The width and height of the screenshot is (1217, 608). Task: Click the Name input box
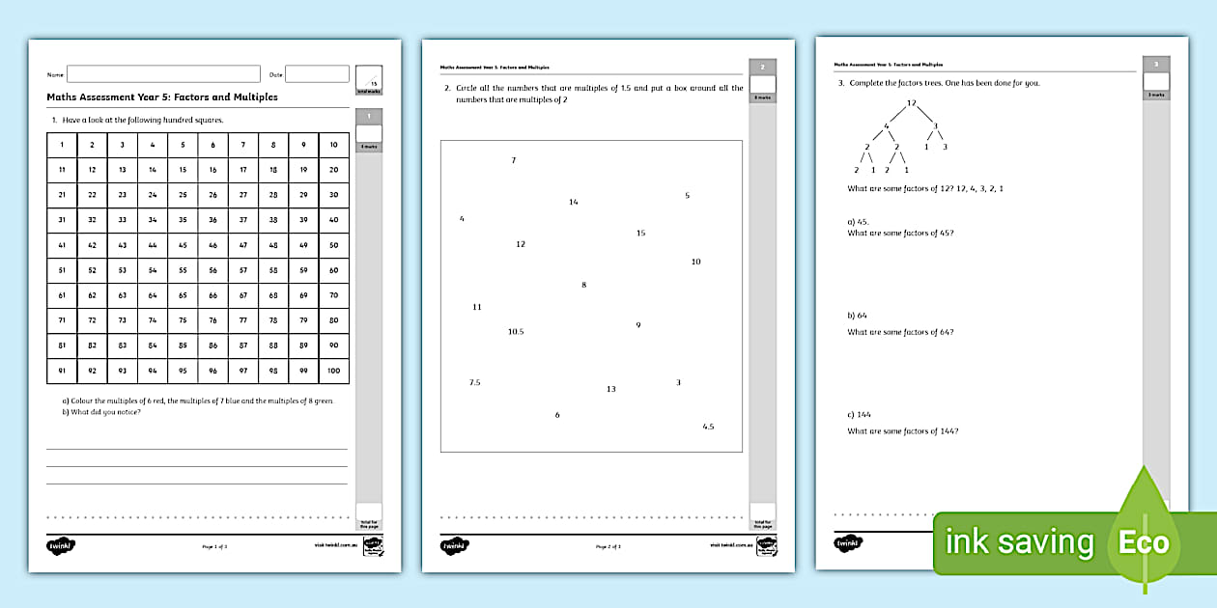click(x=163, y=74)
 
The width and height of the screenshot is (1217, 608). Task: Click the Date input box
click(x=317, y=74)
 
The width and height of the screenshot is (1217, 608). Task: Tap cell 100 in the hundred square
click(x=333, y=371)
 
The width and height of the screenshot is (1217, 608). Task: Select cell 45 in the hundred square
click(x=183, y=245)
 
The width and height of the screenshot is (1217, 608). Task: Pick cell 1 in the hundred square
click(x=62, y=145)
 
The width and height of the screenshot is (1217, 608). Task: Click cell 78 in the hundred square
click(x=273, y=320)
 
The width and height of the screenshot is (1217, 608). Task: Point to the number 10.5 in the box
click(x=516, y=332)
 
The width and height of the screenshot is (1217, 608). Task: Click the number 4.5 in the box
click(x=708, y=427)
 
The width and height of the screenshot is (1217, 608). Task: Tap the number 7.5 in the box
click(x=474, y=383)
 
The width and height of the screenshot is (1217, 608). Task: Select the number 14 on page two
click(x=574, y=203)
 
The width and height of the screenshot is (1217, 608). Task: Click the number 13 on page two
click(x=610, y=390)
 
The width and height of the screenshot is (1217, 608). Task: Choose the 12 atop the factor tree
click(x=911, y=103)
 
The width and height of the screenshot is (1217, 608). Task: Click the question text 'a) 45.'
click(x=858, y=222)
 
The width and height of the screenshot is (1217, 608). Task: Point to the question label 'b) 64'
click(x=857, y=316)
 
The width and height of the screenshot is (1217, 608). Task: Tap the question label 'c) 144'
click(x=860, y=415)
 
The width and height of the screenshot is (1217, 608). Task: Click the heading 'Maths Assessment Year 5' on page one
click(x=162, y=97)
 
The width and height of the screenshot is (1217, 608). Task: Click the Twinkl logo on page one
click(x=61, y=546)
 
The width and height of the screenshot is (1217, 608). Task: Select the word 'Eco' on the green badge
click(x=1144, y=543)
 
